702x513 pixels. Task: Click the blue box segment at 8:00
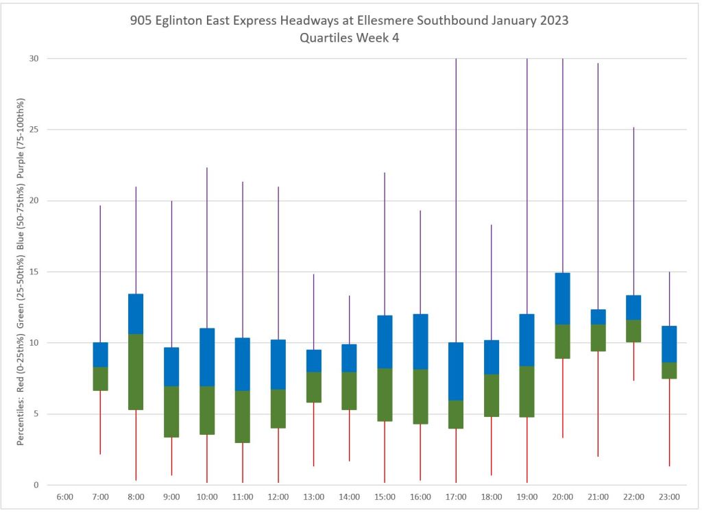point(136,313)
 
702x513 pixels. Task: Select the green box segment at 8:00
point(136,372)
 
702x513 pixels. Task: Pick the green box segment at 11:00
point(242,416)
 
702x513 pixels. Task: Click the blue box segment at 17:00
point(455,371)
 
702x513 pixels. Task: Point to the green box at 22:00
point(633,331)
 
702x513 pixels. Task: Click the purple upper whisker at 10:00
point(207,247)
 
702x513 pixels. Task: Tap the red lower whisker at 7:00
point(100,422)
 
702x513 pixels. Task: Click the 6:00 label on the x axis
point(64,497)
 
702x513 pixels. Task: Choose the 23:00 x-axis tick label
point(668,497)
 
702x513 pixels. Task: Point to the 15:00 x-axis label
point(384,497)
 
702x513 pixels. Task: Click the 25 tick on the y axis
point(32,130)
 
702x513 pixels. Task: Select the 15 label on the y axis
point(32,272)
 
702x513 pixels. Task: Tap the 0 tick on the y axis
point(34,485)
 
